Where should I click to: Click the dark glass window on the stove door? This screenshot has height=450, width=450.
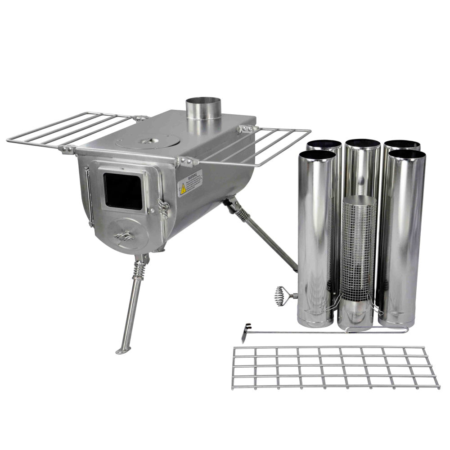coord(122,191)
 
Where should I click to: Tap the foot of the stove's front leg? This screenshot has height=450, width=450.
coord(122,350)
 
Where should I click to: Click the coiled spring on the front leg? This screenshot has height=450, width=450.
coord(139,270)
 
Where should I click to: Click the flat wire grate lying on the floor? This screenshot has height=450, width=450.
coord(335,367)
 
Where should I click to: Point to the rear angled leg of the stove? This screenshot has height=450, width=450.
coord(261,234)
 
